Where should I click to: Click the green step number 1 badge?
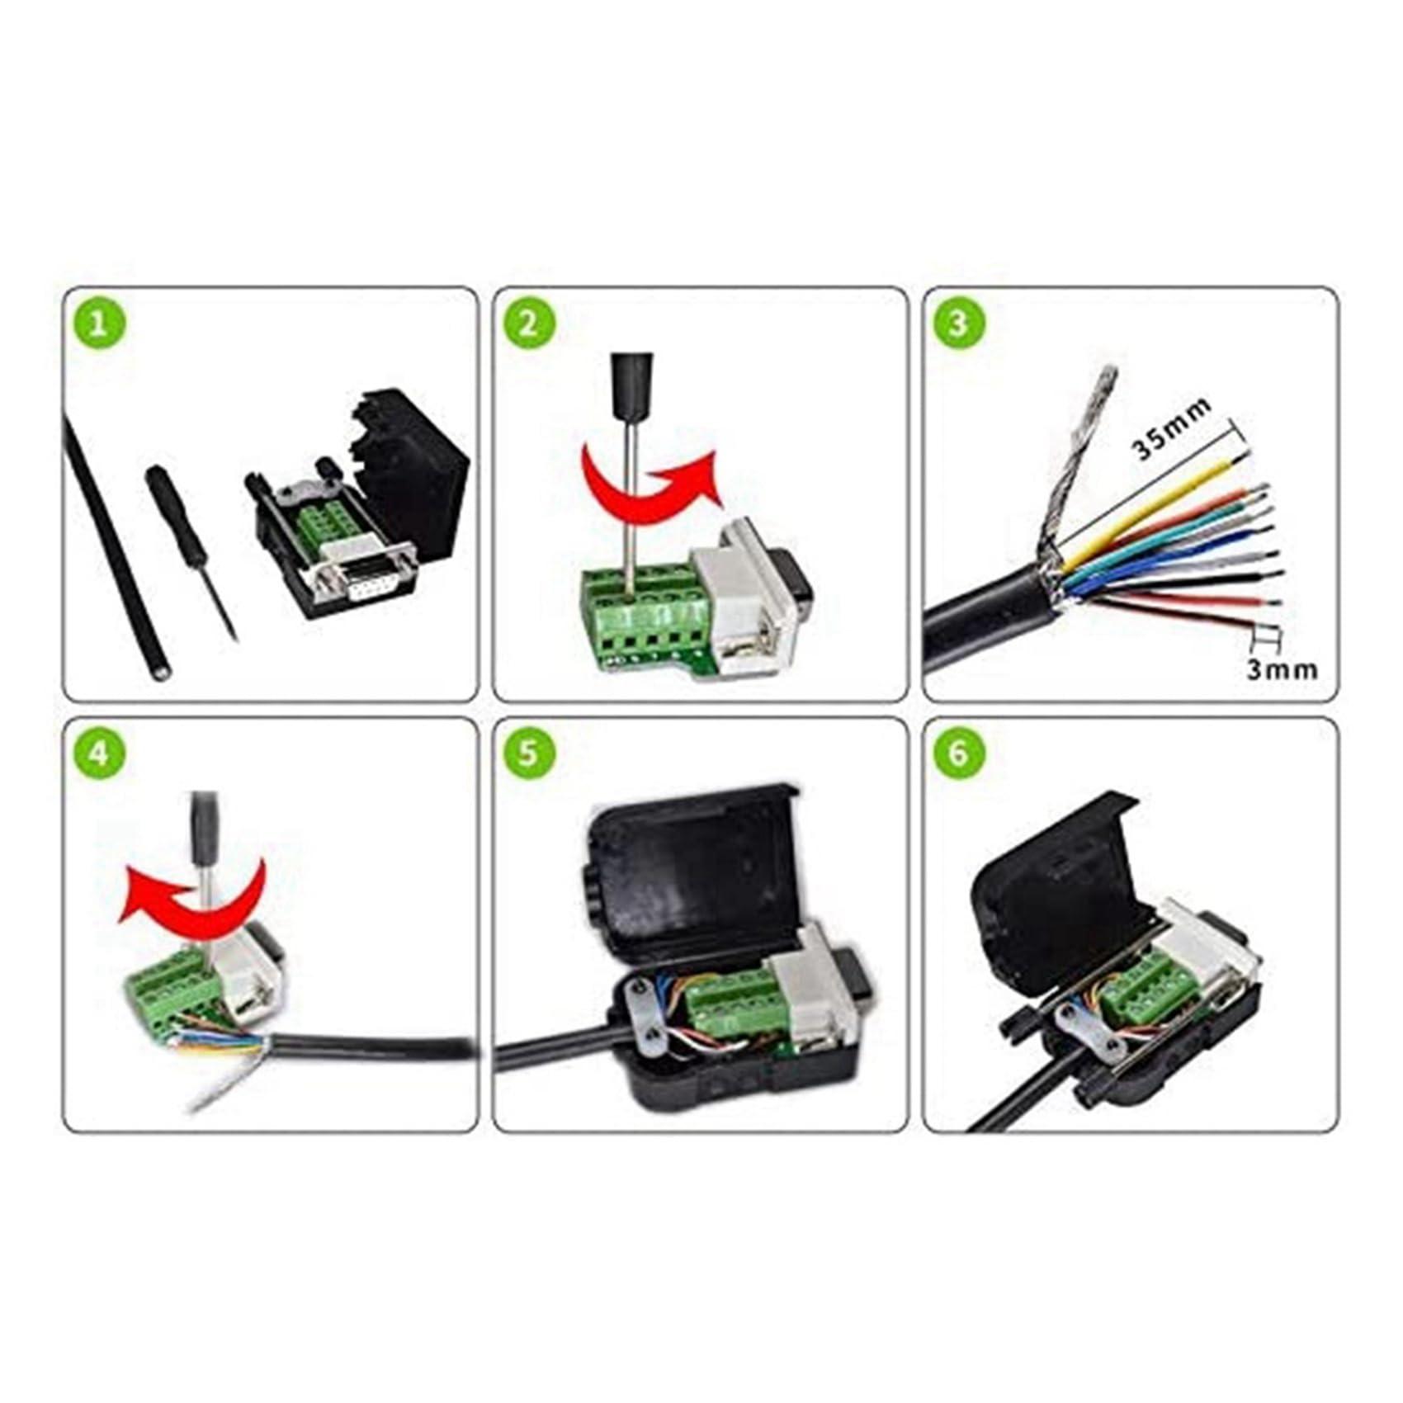point(98,323)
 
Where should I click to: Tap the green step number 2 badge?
point(528,323)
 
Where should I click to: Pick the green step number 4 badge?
point(98,753)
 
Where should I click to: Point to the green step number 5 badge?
point(528,753)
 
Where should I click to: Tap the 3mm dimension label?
point(1281,669)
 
